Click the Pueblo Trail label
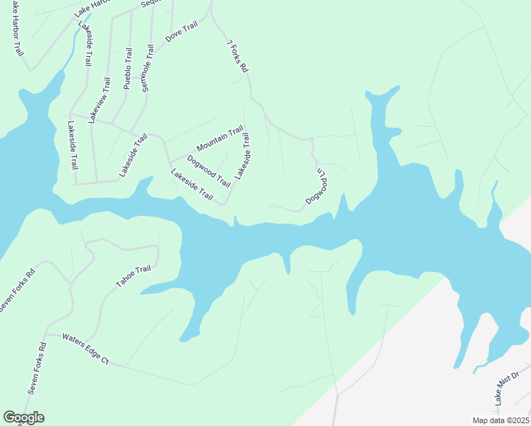[x=127, y=67]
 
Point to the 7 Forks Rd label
[x=237, y=56]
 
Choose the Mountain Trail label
[x=220, y=138]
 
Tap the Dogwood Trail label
[x=208, y=170]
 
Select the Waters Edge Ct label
[x=84, y=348]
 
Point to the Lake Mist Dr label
[x=507, y=387]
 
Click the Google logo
[x=23, y=417]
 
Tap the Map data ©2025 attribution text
[x=500, y=420]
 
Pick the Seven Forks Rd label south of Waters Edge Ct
[x=36, y=368]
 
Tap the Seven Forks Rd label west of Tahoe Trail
[x=16, y=288]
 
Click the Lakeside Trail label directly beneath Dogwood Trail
[x=192, y=184]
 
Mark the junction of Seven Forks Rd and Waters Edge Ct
[x=45, y=333]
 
